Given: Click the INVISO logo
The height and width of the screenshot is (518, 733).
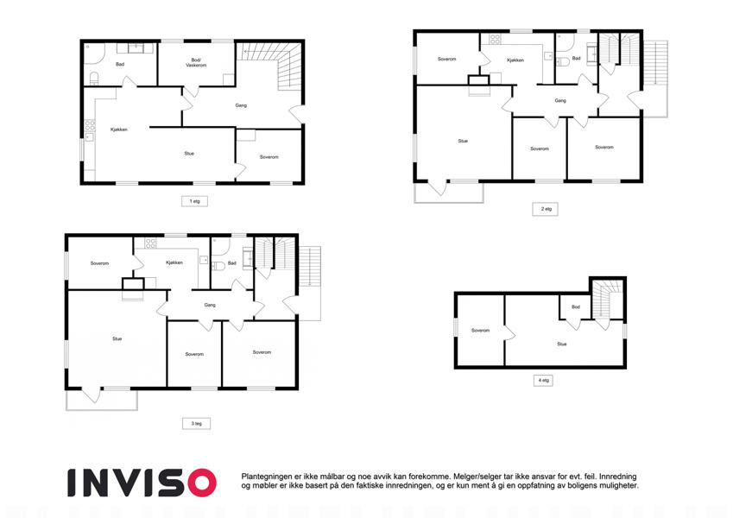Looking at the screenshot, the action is click(x=142, y=483).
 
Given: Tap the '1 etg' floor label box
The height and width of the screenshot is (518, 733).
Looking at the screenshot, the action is click(x=194, y=201).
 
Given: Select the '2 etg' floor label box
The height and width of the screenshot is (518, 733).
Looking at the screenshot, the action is click(x=545, y=209).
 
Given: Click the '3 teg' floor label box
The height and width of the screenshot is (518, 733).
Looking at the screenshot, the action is click(x=196, y=424).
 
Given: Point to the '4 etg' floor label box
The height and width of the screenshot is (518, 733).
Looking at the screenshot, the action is click(x=543, y=381).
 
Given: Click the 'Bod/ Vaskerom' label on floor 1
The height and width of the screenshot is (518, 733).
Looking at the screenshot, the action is click(x=196, y=63).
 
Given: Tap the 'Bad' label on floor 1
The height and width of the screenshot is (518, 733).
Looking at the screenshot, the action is click(x=120, y=64).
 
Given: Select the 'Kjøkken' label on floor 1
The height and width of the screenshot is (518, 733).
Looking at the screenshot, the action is click(x=119, y=129).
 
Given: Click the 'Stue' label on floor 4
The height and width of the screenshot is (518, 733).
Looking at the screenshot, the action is click(x=562, y=344).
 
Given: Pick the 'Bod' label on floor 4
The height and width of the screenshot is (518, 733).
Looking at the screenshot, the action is click(x=576, y=307).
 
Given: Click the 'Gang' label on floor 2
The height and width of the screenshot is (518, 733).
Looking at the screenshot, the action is click(x=560, y=100).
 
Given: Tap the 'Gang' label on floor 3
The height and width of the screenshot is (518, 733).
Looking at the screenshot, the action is click(x=210, y=305).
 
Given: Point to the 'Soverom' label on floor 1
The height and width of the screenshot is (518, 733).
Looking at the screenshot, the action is click(x=269, y=157).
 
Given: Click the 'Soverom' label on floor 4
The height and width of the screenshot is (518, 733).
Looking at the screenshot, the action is click(x=481, y=331).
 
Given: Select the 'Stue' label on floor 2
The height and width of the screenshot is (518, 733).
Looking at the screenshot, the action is click(x=463, y=141).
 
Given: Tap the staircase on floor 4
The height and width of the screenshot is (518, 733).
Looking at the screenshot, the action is click(x=608, y=300).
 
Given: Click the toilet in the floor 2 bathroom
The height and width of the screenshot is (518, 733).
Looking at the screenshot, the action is click(x=562, y=61).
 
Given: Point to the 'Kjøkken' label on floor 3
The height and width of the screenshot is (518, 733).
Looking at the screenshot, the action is click(x=174, y=262).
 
